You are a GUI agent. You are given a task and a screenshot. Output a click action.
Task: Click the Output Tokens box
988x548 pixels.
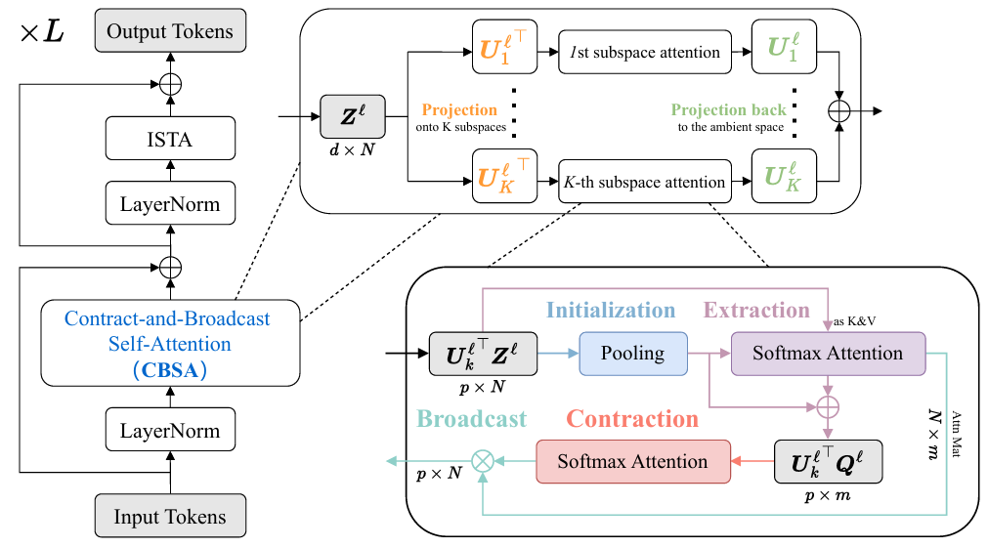coord(171,31)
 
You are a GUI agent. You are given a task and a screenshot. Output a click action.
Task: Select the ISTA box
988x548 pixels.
coord(171,139)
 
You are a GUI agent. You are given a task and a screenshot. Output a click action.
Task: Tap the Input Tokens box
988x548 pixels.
coord(170,517)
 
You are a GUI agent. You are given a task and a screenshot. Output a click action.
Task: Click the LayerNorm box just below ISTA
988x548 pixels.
coord(171,204)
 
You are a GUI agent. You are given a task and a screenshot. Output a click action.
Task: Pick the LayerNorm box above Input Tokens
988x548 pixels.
coord(171,431)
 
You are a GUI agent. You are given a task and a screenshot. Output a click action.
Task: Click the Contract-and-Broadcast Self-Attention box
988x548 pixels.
coord(167,343)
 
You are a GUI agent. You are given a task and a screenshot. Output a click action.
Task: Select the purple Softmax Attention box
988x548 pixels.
coord(827,353)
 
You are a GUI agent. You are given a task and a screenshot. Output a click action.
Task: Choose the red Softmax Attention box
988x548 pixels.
coord(632,461)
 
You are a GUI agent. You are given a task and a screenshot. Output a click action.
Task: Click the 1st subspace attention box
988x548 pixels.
coord(644,53)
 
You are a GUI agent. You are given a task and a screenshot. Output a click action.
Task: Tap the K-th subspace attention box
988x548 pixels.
coord(644,182)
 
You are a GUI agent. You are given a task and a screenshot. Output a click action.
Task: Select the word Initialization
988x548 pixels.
coord(611,311)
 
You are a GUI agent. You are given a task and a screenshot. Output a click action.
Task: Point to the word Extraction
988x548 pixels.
coord(757,311)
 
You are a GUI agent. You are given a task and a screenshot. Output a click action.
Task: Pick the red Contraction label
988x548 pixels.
coord(632,419)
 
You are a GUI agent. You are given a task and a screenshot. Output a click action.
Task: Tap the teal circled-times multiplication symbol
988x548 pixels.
coord(481,461)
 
